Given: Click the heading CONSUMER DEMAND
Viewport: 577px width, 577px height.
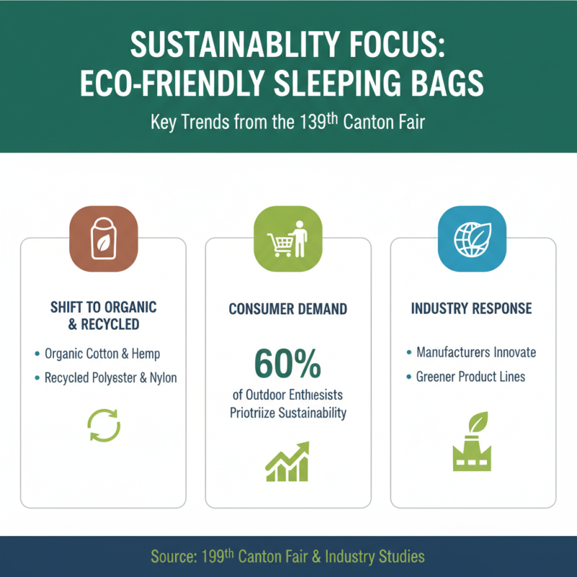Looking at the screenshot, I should [288, 309].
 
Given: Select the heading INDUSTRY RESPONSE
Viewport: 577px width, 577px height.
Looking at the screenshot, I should [472, 309].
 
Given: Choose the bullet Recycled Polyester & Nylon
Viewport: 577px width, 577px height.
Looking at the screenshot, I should [110, 377].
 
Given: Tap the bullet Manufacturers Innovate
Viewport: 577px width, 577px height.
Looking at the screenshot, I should [476, 353].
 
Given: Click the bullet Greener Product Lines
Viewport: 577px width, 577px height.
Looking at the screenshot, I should [470, 376].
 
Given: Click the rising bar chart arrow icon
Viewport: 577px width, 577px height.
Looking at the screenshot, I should [287, 462].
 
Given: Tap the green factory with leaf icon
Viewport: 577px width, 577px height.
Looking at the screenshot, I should [472, 443].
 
